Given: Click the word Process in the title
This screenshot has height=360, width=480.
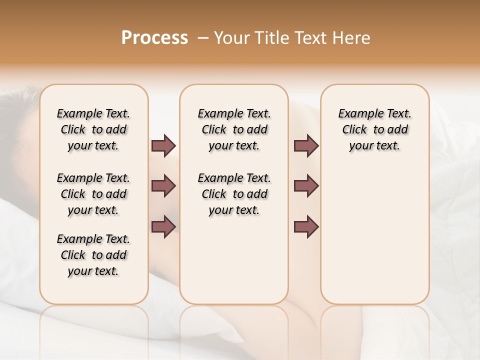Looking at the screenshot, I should pos(154,37).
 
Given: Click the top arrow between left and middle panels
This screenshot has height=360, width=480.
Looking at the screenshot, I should pos(163,145).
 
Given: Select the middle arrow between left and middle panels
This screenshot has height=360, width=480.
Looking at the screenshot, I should pos(163,186).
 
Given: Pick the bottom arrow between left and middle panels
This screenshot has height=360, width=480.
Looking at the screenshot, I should pos(163,227).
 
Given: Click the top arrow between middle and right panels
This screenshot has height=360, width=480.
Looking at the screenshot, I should pos(306,145).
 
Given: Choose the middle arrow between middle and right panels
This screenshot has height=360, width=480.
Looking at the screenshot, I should pos(306,186).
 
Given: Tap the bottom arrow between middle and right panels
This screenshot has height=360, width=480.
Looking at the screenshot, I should pos(306,227).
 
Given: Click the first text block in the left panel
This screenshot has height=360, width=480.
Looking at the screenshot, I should pos(93,129).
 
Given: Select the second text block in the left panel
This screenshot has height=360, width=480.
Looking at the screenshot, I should pos(93,194).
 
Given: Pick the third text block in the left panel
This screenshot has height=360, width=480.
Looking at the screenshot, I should pos(93,255).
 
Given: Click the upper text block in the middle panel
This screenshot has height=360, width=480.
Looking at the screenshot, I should pos(234,129).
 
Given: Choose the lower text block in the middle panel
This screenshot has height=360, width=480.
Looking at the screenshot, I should pos(234,194).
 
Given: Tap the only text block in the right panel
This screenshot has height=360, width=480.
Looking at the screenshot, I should pos(374,129).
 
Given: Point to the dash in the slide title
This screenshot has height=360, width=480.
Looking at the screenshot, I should pos(203,37).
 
